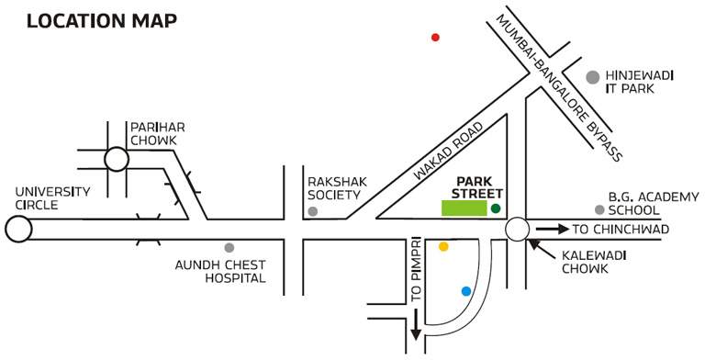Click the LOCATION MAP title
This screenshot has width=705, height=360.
pyautogui.click(x=102, y=19)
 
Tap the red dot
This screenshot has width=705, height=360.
pyautogui.click(x=435, y=38)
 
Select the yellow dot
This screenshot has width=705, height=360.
pyautogui.click(x=443, y=247)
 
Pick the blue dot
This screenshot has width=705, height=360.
pyautogui.click(x=466, y=291)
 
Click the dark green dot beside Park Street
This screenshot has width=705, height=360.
pyautogui.click(x=496, y=209)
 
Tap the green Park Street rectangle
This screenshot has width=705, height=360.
pyautogui.click(x=464, y=208)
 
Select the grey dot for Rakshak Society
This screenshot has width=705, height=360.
pyautogui.click(x=313, y=212)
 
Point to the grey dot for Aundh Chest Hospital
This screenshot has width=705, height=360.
pyautogui.click(x=229, y=247)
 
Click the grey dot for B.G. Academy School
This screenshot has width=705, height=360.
pyautogui.click(x=599, y=209)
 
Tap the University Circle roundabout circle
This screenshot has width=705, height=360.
pyautogui.click(x=17, y=229)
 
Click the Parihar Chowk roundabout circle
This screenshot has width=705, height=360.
pyautogui.click(x=117, y=160)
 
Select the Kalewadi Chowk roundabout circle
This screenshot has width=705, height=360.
pyautogui.click(x=516, y=229)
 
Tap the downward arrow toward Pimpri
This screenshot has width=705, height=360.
pyautogui.click(x=416, y=327)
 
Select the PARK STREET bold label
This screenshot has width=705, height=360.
pyautogui.click(x=478, y=188)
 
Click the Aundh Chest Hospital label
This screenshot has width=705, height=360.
pyautogui.click(x=220, y=271)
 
